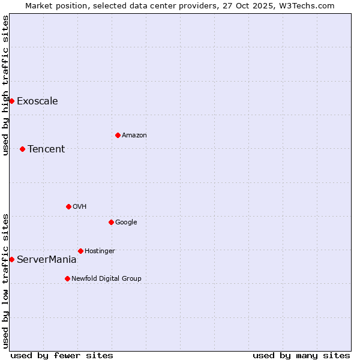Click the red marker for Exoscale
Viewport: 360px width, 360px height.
[11, 101]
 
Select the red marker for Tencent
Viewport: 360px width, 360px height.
[22, 149]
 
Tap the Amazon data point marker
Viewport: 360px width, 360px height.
[118, 135]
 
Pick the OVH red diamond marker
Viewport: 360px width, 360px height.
[68, 206]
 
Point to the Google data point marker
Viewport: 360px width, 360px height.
[111, 222]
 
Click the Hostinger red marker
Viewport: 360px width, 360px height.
[80, 251]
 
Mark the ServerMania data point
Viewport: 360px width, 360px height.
[11, 259]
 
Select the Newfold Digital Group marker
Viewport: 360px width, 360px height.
[67, 278]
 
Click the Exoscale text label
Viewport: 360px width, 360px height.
[37, 101]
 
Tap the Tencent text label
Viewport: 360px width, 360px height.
[46, 149]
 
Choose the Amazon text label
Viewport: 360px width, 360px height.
[134, 135]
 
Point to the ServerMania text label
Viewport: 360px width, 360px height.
[47, 259]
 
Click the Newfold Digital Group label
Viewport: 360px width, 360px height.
[106, 278]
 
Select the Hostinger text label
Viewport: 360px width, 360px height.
[100, 251]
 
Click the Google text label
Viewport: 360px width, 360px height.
[126, 222]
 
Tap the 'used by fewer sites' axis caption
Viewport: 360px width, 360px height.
[62, 355]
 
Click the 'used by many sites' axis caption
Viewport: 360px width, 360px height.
[301, 355]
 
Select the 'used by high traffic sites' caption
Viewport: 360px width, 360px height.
[5, 85]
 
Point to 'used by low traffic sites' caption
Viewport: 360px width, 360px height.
[5, 281]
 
